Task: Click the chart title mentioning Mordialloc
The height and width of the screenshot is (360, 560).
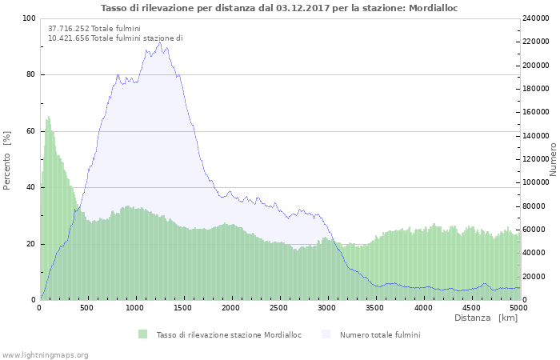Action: (x=279, y=8)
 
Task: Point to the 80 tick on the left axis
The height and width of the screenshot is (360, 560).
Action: (x=30, y=75)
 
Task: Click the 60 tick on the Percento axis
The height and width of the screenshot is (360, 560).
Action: (x=30, y=131)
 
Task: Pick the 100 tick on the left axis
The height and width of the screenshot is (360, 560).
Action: (x=29, y=18)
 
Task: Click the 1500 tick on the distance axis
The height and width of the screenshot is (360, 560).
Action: (x=183, y=308)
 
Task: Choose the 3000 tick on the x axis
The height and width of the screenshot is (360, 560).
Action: (x=326, y=308)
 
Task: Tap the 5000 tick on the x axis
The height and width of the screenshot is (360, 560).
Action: (x=518, y=308)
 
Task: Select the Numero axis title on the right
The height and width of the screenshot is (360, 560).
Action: (x=553, y=159)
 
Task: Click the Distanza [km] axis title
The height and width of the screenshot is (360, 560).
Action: (x=486, y=318)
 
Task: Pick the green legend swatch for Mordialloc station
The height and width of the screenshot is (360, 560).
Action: (x=143, y=334)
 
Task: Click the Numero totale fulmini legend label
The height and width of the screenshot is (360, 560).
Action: (x=379, y=335)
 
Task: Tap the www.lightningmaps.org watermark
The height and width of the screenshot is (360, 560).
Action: (x=45, y=355)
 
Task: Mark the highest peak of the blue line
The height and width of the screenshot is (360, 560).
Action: (x=160, y=43)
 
